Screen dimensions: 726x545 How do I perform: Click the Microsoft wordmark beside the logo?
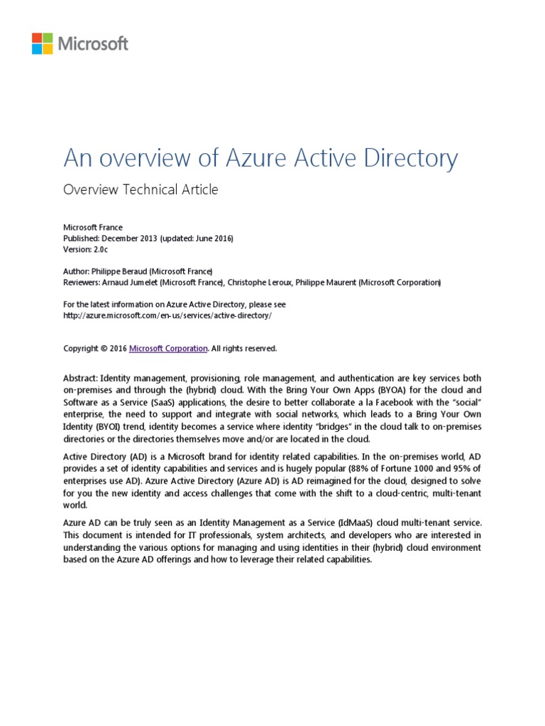(94, 43)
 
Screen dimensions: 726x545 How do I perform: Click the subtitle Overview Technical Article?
(141, 189)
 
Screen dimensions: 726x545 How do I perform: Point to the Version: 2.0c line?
(87, 249)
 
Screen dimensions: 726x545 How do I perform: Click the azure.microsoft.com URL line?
(167, 315)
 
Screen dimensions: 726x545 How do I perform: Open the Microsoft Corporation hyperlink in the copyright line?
(168, 348)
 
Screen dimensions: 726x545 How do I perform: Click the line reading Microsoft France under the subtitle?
(93, 227)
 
